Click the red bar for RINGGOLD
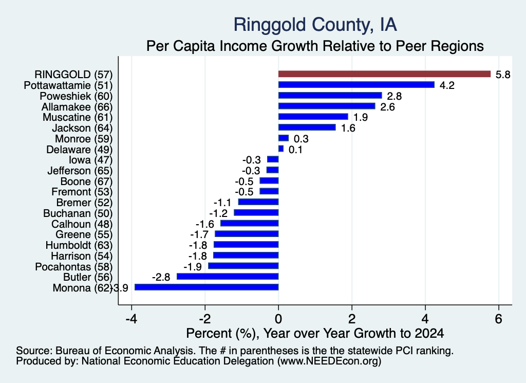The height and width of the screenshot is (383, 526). pos(384,74)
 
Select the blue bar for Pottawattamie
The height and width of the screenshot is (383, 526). pos(356,85)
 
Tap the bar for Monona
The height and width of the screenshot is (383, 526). pos(206,287)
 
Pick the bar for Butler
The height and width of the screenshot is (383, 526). pos(228,277)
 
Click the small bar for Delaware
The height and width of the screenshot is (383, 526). pos(281,149)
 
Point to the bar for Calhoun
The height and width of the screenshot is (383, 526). pos(250,224)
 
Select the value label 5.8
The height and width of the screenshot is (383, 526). pos(503,75)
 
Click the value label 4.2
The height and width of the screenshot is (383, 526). pos(447,85)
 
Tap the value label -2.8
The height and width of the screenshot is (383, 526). pos(161,277)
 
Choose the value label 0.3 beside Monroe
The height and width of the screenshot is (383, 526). pos(301,139)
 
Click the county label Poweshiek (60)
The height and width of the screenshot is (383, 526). pos(76,96)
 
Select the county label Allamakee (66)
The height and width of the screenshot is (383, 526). pos(77,107)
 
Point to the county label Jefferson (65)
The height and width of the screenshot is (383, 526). pos(80,171)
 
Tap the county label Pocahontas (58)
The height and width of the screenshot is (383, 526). pos(74,267)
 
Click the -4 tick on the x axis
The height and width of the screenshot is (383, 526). pos(131,319)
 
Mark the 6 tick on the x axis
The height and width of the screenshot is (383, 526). pos(498,319)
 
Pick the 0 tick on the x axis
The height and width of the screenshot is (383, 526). pos(278,319)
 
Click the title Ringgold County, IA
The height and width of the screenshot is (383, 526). pos(315,25)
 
